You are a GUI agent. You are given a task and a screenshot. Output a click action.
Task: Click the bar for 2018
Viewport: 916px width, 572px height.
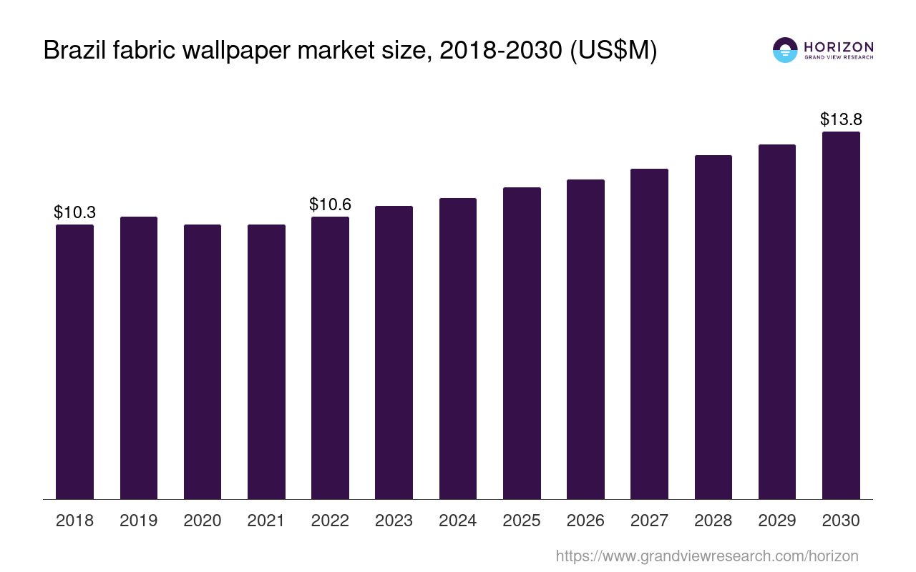74,361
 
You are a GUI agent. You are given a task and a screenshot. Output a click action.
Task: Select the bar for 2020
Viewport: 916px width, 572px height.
203,361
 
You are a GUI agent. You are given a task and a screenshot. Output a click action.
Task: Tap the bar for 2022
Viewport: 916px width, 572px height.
330,357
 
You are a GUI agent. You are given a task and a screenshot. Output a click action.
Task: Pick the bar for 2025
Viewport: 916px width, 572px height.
522,343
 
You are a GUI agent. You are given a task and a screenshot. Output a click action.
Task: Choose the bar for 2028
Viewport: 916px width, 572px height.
713,327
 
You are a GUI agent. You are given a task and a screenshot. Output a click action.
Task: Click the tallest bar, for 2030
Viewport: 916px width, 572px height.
841,315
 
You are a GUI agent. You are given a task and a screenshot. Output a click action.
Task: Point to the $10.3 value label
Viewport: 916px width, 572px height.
74,212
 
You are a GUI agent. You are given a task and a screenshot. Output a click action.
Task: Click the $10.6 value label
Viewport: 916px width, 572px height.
330,204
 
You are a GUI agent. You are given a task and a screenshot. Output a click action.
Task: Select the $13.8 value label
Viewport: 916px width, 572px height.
841,119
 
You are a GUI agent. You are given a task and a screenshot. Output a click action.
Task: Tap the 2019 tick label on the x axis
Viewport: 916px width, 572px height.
139,521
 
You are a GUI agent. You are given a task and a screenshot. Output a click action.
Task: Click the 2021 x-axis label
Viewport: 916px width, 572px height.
266,521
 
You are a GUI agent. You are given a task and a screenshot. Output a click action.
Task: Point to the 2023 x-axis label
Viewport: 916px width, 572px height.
394,521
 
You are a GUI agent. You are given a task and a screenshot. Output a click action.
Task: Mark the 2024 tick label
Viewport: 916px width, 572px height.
458,521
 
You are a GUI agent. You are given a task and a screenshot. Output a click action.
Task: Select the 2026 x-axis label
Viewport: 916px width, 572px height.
585,521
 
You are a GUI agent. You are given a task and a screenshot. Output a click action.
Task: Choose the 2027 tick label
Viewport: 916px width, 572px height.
649,521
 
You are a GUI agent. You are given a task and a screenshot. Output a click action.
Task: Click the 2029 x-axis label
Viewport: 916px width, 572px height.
777,521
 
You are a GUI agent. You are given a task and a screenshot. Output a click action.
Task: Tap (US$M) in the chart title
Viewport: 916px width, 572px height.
613,51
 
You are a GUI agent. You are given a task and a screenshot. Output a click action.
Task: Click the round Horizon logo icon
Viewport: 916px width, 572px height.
785,50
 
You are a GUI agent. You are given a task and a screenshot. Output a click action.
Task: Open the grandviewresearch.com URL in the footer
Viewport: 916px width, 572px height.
706,556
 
